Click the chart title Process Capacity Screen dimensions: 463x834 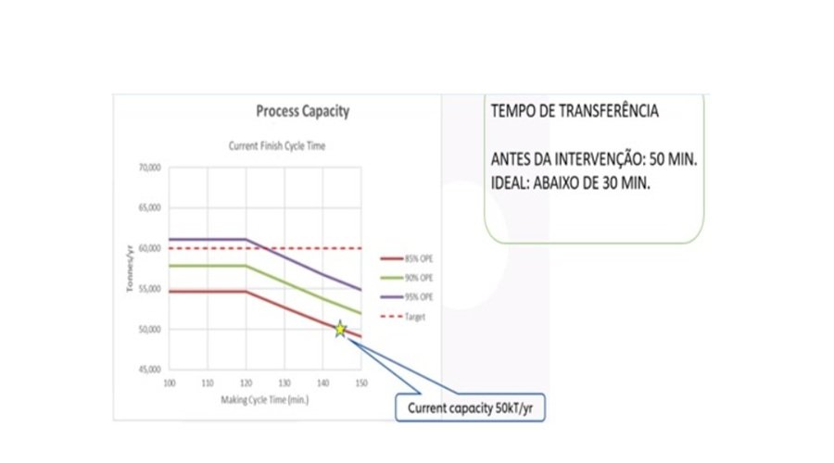tap(302, 112)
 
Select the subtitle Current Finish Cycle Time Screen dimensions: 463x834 tap(277, 146)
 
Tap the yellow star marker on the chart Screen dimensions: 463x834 tap(340, 329)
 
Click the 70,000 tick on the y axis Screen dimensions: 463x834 tap(149, 168)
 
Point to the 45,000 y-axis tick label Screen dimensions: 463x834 tap(149, 370)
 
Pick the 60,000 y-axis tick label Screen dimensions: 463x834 tap(149, 249)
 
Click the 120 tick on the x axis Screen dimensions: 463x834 tap(246, 382)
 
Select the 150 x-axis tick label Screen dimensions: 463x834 tap(360, 382)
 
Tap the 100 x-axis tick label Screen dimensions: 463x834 tap(169, 382)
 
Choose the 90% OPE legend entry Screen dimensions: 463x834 tap(416, 278)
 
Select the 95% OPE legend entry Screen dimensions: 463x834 tap(416, 297)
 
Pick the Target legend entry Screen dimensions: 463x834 tap(413, 317)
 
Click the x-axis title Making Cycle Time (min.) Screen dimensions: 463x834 tap(264, 398)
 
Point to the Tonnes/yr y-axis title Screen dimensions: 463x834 tap(131, 269)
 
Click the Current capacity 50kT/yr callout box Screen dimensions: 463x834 tap(469, 407)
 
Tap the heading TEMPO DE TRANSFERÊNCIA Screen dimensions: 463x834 tap(574, 111)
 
